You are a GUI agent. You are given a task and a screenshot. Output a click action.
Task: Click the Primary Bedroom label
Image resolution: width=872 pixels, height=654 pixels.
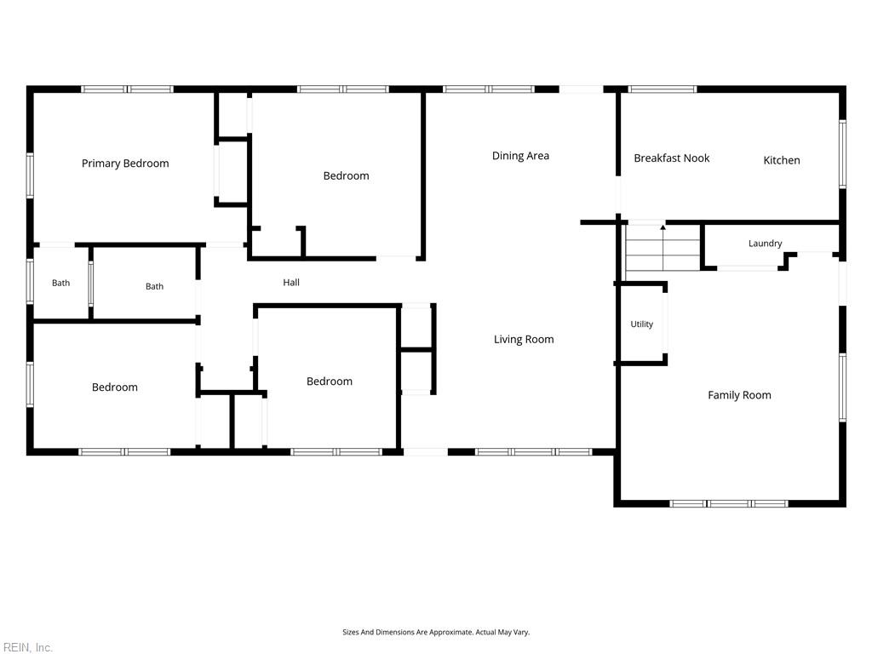tap(125, 163)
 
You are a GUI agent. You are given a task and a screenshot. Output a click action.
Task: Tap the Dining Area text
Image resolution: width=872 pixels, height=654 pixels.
tap(520, 156)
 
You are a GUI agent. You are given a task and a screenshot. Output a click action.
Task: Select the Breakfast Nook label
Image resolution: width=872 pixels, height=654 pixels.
tap(672, 158)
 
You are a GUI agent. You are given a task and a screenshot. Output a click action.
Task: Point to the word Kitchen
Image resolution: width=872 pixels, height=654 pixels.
tap(782, 160)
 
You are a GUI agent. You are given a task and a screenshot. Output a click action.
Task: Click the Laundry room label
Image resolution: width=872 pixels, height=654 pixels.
tap(766, 244)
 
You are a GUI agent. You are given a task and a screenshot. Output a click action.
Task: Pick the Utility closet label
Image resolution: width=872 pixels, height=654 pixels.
tap(642, 324)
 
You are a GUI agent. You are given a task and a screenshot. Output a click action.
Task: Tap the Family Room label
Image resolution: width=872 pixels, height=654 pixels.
tap(739, 395)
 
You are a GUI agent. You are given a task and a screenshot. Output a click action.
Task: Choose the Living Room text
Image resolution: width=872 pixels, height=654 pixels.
tap(524, 339)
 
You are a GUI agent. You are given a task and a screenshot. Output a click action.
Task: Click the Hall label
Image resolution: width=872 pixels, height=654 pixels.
tap(291, 283)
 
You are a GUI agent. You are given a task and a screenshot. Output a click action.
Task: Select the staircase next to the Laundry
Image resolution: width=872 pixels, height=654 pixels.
tap(663, 248)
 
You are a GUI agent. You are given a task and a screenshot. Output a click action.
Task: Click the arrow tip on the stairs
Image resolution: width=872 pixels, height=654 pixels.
tap(663, 225)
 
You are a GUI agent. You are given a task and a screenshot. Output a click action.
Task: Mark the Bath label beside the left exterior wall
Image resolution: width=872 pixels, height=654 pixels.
tap(60, 283)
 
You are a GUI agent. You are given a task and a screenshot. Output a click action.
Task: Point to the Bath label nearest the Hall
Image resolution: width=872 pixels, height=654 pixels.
tap(155, 286)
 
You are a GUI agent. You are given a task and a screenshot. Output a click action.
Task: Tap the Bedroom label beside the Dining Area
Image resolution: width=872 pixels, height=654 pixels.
tap(346, 175)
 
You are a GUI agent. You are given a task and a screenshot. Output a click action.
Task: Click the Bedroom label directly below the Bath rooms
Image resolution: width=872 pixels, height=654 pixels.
tap(115, 387)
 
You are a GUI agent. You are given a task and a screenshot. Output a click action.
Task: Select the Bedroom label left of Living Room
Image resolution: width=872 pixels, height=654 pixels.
tap(330, 381)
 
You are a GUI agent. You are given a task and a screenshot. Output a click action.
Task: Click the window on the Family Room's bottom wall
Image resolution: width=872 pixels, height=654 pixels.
tap(729, 504)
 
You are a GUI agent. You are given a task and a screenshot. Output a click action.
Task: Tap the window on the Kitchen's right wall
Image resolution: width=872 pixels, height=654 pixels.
tap(842, 154)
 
